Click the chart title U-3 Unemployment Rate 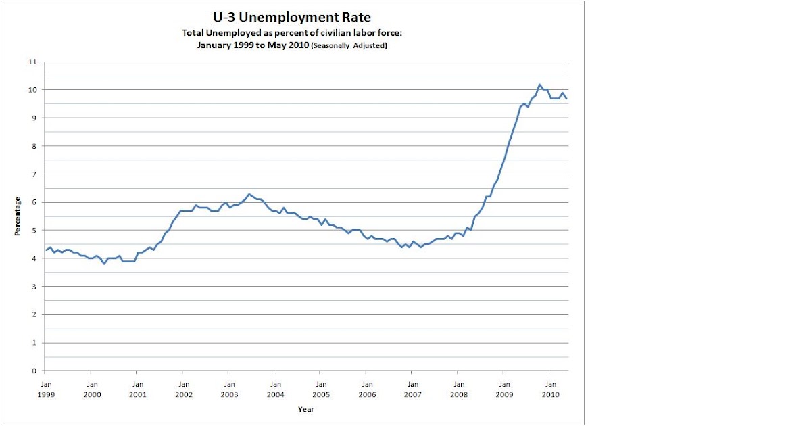tap(291, 17)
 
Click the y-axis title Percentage tap(18, 216)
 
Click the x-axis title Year tap(305, 409)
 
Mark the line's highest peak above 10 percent tap(539, 85)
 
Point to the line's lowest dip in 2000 tap(104, 264)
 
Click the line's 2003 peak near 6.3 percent tap(249, 194)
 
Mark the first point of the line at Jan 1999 tap(45, 250)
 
